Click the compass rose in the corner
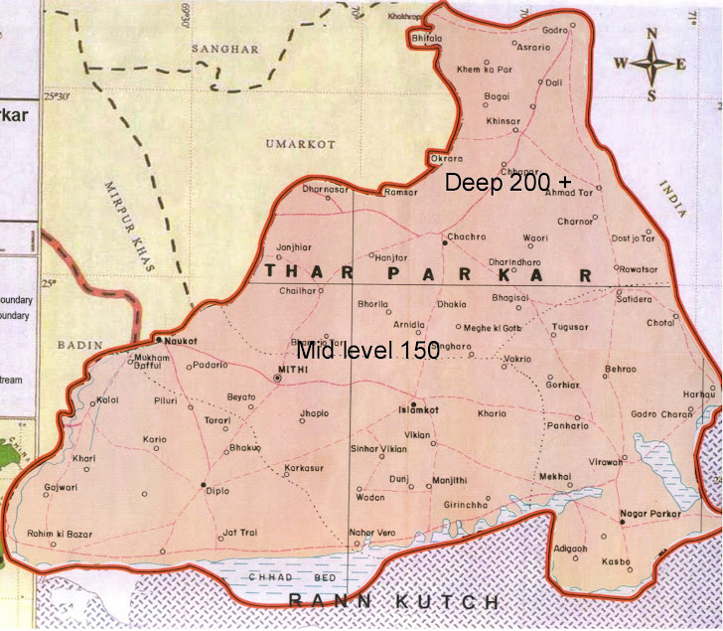(651, 65)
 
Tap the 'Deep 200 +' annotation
(508, 183)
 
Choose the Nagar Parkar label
(648, 513)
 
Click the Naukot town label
(177, 339)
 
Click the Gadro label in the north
(554, 31)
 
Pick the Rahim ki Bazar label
(60, 534)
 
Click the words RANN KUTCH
(392, 602)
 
